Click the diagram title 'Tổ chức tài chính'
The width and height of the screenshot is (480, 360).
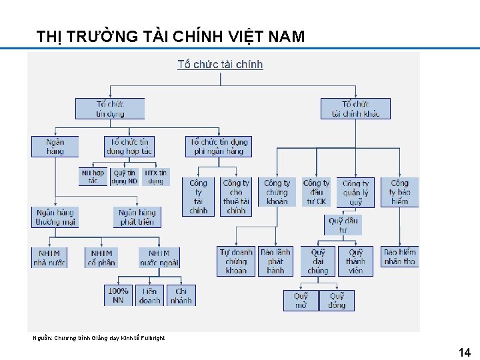220,65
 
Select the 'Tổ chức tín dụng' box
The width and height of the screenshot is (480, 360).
110,109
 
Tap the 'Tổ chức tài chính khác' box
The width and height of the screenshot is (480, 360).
355,109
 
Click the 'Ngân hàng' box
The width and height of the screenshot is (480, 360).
55,146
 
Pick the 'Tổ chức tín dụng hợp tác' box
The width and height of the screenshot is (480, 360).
129,146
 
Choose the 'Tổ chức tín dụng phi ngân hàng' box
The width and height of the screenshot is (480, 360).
219,146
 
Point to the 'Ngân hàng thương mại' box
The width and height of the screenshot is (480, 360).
55,217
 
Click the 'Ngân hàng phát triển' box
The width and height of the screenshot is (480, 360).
137,217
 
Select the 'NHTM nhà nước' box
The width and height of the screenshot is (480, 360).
49,258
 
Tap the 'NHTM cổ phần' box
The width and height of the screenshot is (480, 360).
101,258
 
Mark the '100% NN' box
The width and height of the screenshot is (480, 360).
118,295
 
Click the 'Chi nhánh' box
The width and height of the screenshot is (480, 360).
181,295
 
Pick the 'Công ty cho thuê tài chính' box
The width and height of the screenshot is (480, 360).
236,196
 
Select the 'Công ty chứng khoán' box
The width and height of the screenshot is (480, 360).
277,191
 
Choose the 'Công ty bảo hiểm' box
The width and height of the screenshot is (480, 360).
399,191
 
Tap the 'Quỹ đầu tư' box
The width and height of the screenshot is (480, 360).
343,225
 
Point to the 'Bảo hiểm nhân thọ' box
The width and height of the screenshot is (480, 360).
399,257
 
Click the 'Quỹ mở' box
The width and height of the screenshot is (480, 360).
301,300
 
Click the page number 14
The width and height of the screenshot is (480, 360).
465,353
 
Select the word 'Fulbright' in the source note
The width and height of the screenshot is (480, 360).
153,338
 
